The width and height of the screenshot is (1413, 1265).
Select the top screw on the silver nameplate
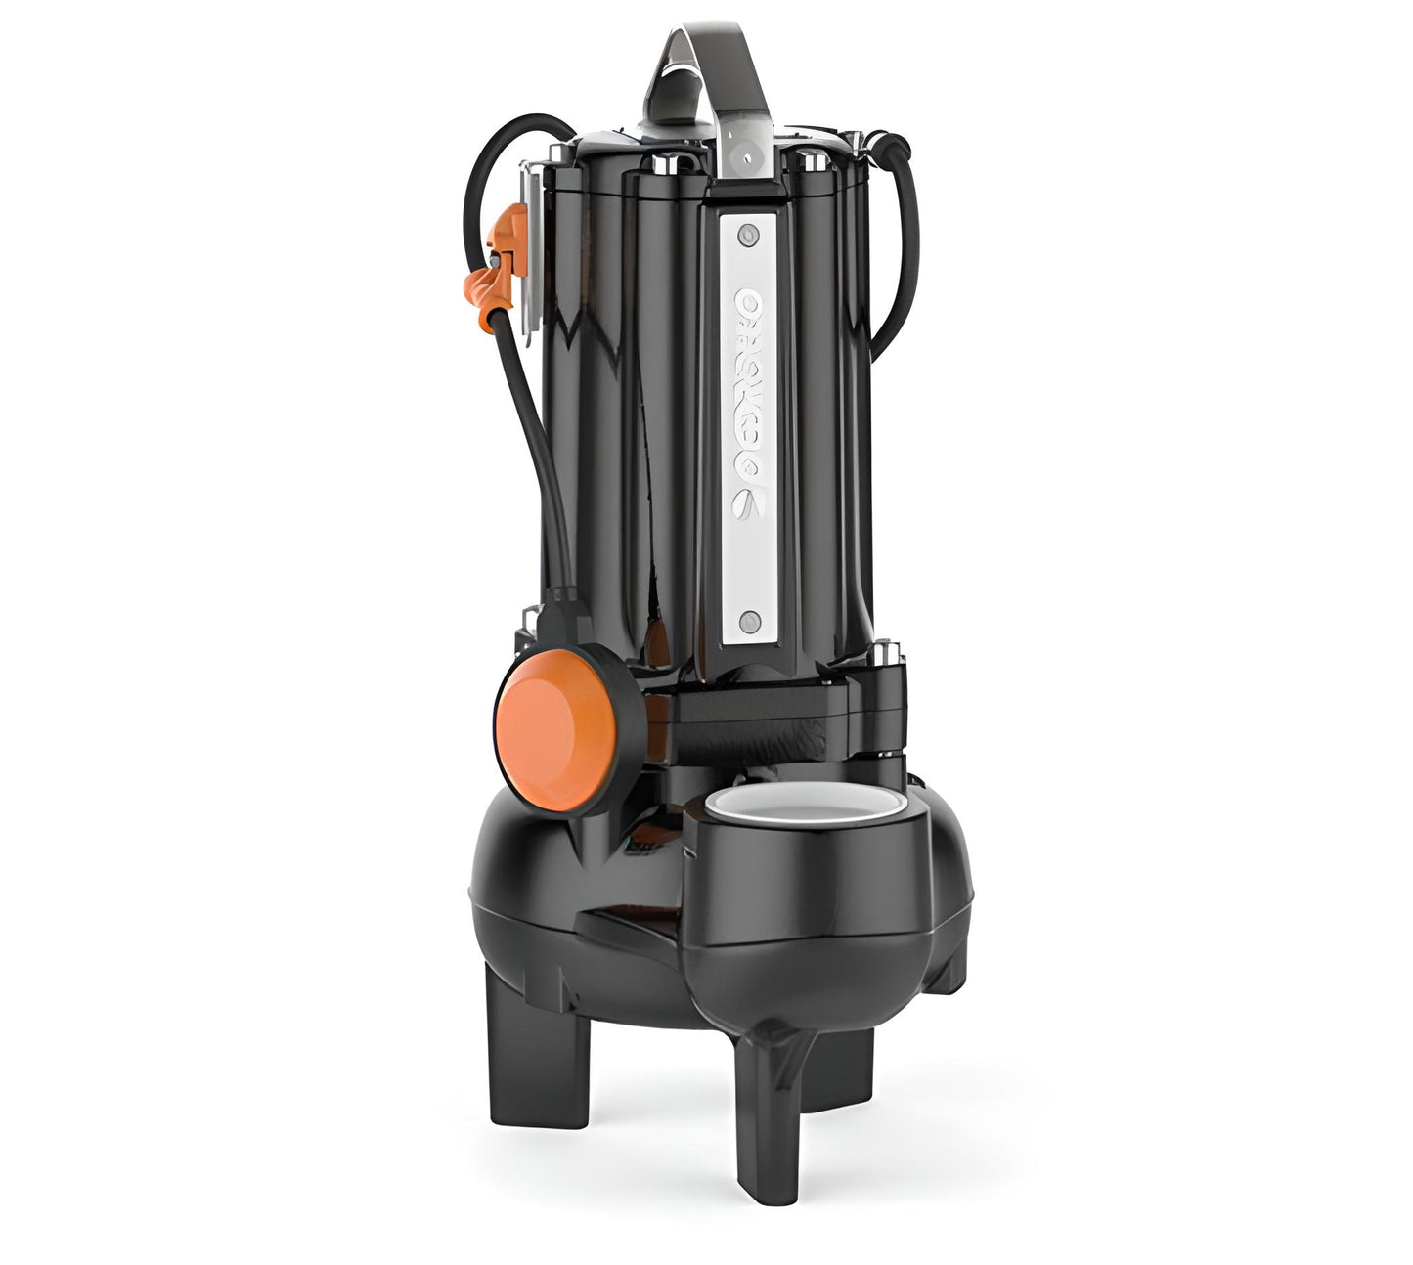coord(750,234)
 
